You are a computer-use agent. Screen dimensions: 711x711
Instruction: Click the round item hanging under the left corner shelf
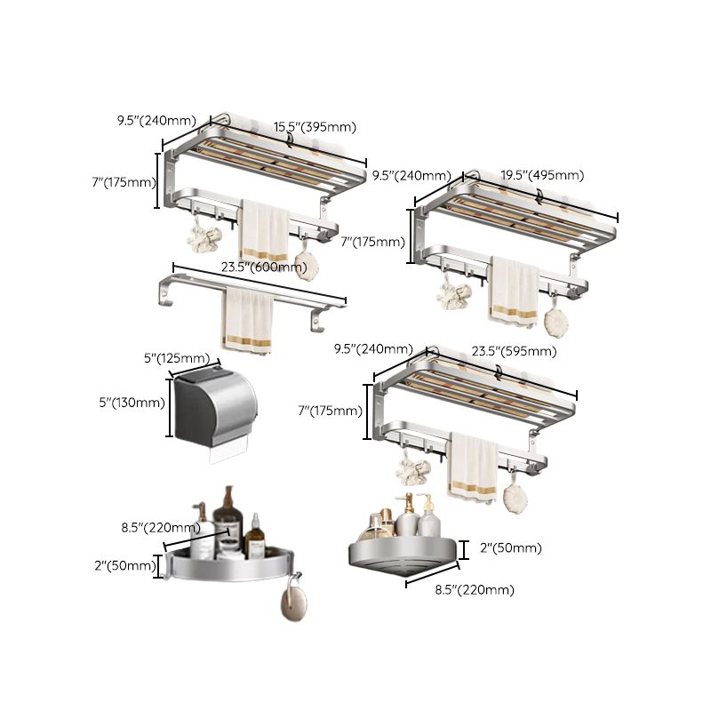290,603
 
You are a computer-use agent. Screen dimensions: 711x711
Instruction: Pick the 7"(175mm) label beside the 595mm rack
330,411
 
